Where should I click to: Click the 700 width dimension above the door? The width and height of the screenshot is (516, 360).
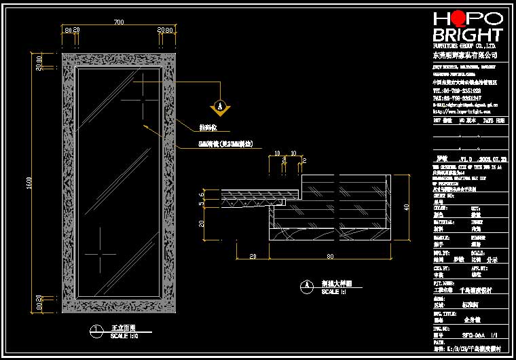point(119,22)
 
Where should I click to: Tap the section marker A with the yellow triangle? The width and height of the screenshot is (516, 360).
point(219,105)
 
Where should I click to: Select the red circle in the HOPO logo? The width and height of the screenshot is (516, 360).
point(458,18)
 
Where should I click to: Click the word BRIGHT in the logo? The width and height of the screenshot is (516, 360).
point(468,35)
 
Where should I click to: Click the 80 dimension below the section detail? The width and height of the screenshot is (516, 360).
point(330,256)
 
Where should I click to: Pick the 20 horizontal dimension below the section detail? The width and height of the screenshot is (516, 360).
point(253,256)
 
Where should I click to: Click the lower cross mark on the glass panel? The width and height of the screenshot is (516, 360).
point(99,254)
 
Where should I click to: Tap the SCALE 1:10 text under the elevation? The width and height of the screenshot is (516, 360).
point(125,336)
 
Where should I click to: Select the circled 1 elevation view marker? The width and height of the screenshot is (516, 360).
point(97,331)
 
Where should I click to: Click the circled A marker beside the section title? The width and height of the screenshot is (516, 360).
point(307,286)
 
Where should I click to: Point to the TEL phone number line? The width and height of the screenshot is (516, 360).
point(457,90)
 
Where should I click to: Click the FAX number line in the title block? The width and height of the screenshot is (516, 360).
point(457,98)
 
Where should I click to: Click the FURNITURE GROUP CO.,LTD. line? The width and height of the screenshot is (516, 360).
point(466,45)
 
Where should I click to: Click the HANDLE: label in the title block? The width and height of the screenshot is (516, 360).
point(441,238)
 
